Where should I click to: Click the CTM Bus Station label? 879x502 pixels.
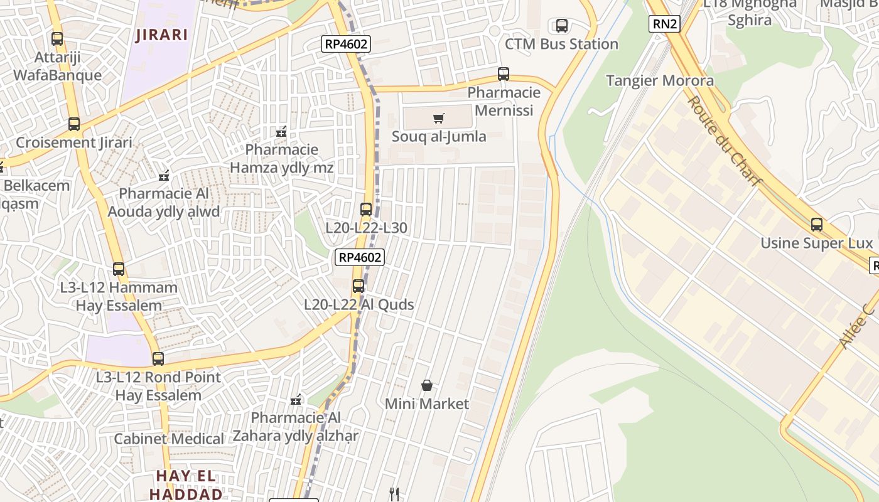click(x=561, y=44)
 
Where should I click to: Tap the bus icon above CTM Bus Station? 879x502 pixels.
click(x=562, y=26)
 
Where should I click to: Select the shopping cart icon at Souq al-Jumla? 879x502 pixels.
click(x=439, y=118)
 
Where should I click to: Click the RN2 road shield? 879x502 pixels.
click(x=665, y=24)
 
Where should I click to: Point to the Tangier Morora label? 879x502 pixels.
click(x=659, y=80)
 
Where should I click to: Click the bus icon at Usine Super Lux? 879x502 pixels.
click(x=816, y=225)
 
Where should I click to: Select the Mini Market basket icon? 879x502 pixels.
click(x=427, y=385)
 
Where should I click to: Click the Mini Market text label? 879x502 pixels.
click(x=427, y=403)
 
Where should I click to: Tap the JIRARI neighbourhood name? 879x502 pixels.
click(x=161, y=35)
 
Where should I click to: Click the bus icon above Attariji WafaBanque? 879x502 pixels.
click(x=57, y=39)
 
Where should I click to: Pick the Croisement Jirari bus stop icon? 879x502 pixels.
click(x=74, y=124)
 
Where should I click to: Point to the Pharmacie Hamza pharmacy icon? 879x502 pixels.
click(x=281, y=132)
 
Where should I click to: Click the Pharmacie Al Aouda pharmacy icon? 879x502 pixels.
click(x=164, y=176)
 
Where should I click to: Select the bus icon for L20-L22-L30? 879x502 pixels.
click(x=366, y=210)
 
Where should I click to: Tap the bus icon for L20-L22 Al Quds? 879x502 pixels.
click(x=359, y=286)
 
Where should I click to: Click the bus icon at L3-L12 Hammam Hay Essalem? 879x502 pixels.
click(x=119, y=269)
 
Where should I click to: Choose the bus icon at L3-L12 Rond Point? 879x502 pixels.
click(x=158, y=359)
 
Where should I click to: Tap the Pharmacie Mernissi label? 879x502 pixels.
click(x=504, y=102)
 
